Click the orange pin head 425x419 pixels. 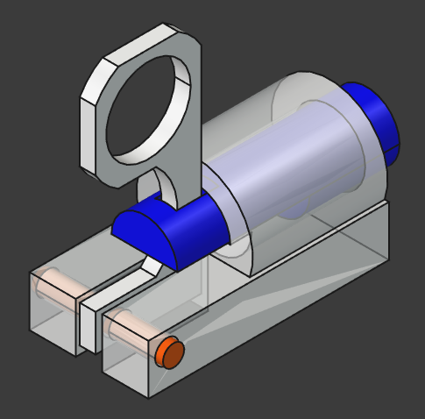tap(169, 354)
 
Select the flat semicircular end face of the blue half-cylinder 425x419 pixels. tap(145, 235)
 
